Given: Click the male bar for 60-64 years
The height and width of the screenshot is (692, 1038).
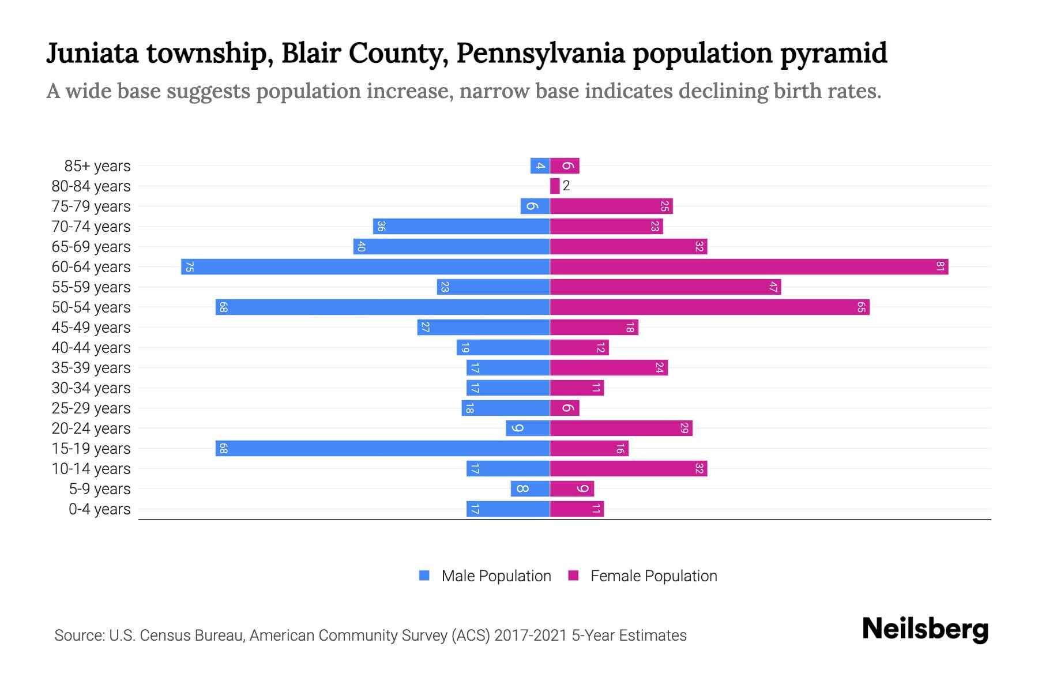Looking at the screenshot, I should (x=365, y=267).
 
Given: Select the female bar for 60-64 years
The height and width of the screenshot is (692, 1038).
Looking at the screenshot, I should (x=749, y=267).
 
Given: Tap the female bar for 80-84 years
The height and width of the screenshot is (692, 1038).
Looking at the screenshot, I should (x=555, y=186).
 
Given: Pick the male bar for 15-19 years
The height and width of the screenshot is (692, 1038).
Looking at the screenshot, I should (x=382, y=449).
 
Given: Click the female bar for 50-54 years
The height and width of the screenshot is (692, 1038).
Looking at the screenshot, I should (x=709, y=307).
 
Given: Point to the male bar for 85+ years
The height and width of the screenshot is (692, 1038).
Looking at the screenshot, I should (x=540, y=166).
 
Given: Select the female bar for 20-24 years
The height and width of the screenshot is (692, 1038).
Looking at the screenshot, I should (x=621, y=428).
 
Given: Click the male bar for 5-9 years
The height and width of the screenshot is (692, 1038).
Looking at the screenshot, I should (x=530, y=489).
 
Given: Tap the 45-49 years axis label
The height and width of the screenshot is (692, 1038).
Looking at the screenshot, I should (x=91, y=328).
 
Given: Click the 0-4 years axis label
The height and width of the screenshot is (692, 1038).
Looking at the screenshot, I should (x=99, y=509).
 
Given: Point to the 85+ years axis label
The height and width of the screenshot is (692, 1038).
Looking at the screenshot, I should (x=97, y=166).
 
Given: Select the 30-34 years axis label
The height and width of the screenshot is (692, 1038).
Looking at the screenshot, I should (x=91, y=388).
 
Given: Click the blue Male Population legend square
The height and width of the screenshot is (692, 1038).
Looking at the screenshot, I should (x=424, y=576).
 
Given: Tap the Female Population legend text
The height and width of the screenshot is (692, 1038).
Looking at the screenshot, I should (x=653, y=576).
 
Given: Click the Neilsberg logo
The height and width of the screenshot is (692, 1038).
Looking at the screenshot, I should (x=925, y=629).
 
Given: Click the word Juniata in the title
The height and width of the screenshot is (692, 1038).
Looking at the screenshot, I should (x=92, y=54).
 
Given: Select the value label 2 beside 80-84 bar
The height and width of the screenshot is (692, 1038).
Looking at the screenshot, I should (x=566, y=186).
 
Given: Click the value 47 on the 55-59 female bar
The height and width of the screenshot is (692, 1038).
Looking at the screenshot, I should (x=773, y=287).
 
